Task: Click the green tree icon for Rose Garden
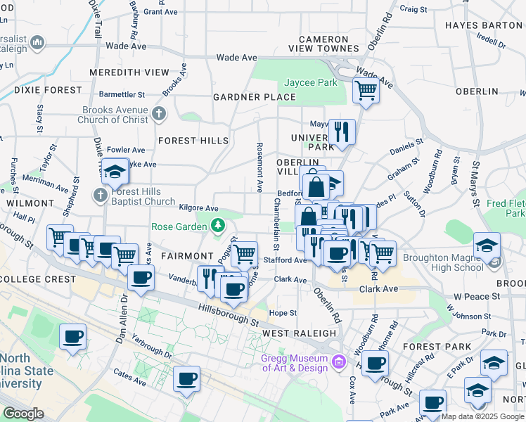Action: (218, 226)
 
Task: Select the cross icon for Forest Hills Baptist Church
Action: (101, 195)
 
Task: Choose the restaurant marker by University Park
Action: (342, 132)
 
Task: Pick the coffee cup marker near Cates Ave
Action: (187, 380)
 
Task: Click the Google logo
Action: (23, 414)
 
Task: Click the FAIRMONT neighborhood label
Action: (186, 256)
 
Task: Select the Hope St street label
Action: (283, 313)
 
